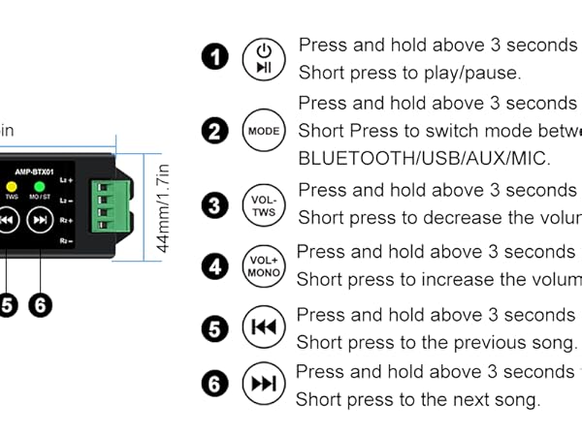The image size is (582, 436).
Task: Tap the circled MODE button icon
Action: (263, 131)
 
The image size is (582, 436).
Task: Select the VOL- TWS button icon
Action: (263, 204)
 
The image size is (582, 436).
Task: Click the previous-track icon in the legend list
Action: (263, 327)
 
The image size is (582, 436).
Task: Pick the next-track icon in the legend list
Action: (263, 385)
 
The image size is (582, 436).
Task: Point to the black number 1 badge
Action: (215, 57)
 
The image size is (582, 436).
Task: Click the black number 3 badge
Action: (215, 204)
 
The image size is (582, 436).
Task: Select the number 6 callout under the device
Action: (40, 305)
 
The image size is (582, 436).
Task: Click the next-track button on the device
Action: (40, 221)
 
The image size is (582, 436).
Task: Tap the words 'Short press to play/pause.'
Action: (409, 73)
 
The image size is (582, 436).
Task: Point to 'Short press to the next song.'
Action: (417, 399)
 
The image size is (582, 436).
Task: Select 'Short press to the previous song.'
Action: (436, 342)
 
